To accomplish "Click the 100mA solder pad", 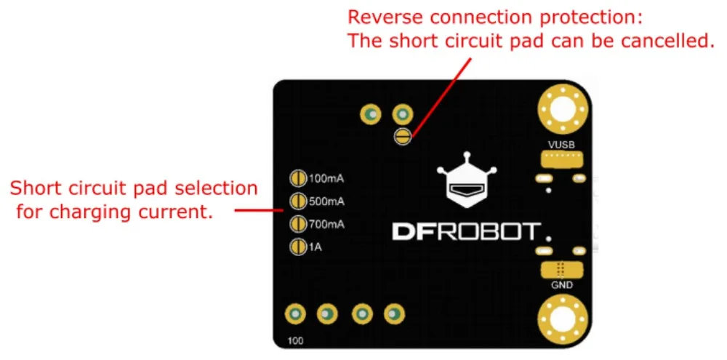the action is (297, 177).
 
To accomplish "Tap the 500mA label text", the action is (326, 201).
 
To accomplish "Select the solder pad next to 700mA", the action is (297, 224).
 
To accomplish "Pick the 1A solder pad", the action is (297, 247).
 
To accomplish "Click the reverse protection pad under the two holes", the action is (403, 137).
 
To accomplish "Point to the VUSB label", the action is (561, 145).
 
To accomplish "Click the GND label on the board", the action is (561, 285).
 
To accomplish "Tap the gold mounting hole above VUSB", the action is (563, 110).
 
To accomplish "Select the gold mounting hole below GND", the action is (563, 319).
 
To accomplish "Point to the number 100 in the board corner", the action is (295, 341).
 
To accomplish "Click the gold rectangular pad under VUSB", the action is (561, 159).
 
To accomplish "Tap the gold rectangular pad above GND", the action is (561, 268).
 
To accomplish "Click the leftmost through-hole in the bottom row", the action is (295, 314).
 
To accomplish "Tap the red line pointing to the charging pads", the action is (260, 212).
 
